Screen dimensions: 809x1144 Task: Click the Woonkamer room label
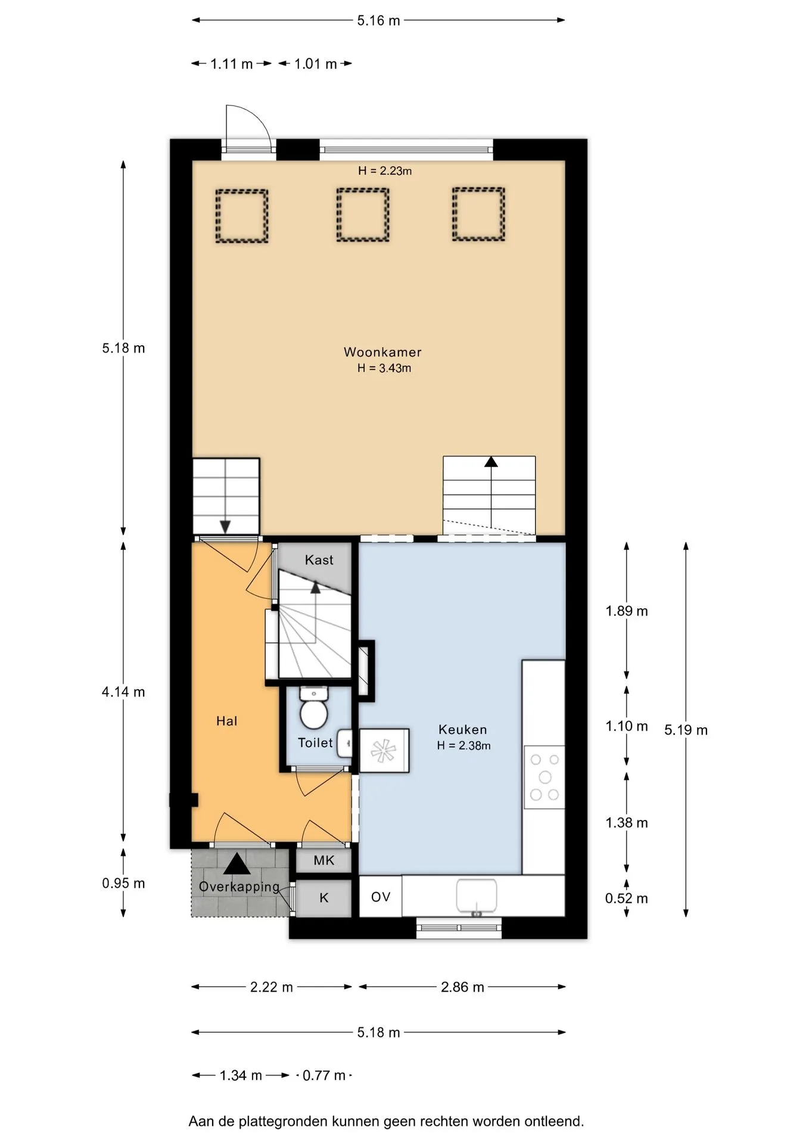(382, 352)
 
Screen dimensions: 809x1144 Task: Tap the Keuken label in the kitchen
(463, 729)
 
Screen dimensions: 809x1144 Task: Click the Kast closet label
(319, 560)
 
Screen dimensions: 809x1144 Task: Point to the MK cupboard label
(324, 860)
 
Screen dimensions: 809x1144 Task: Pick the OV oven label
(381, 897)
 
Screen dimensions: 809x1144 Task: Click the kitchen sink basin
(477, 897)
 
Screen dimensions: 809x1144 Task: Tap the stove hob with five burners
(544, 777)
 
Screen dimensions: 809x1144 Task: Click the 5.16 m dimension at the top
(378, 21)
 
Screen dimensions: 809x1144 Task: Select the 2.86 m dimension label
(462, 987)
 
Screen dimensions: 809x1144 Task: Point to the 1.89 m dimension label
(627, 611)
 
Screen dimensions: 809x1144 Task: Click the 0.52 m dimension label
(627, 899)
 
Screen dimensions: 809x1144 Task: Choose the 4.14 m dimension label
(123, 692)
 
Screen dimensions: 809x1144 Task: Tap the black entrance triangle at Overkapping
(237, 863)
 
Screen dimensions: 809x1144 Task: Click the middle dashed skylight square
(363, 215)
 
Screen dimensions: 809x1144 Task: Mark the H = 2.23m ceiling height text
(385, 171)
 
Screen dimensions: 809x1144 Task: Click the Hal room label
(226, 721)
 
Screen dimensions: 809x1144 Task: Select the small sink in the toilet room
(344, 743)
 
